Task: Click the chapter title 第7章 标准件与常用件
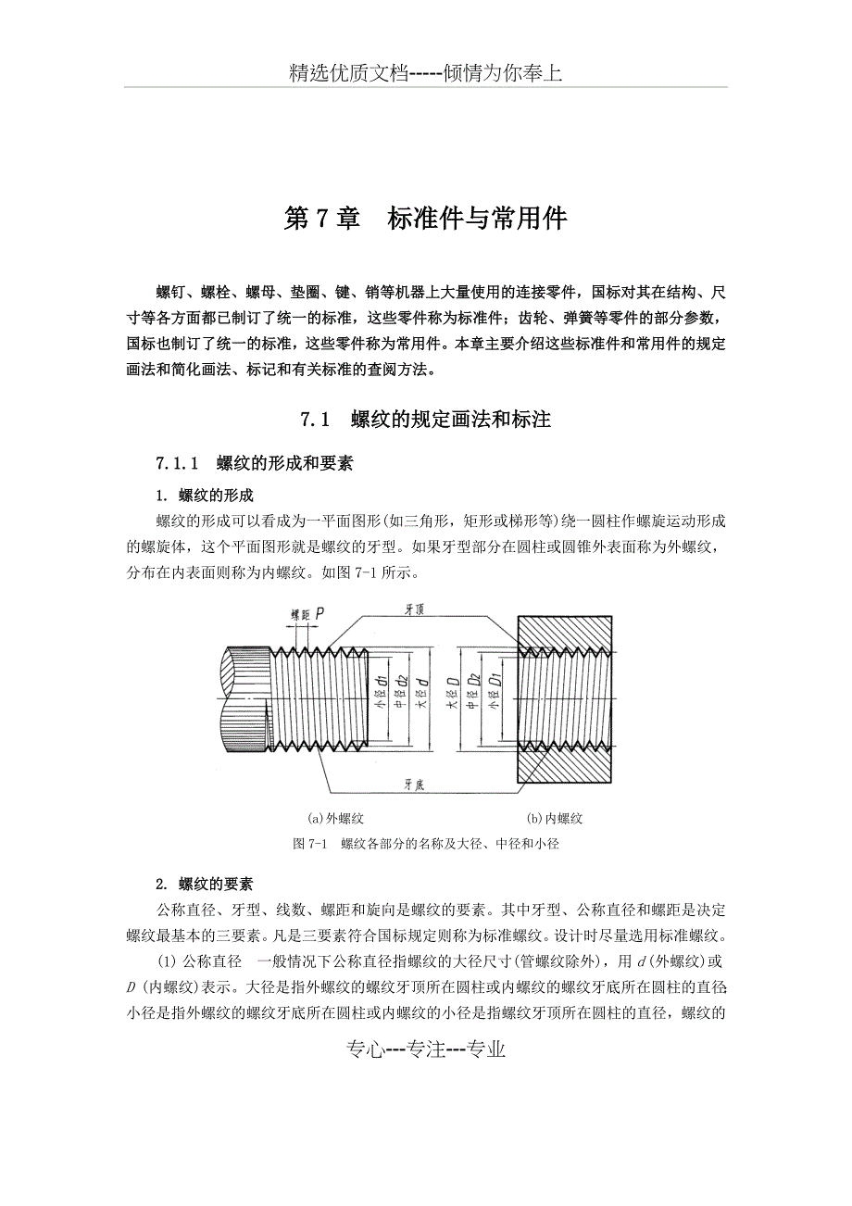click(425, 219)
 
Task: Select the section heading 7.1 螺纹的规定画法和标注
click(425, 420)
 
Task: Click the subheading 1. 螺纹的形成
click(205, 496)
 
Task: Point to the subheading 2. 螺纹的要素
click(205, 883)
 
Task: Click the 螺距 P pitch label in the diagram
click(306, 613)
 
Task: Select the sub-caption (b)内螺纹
click(555, 819)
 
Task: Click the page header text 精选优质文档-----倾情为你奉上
click(425, 73)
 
